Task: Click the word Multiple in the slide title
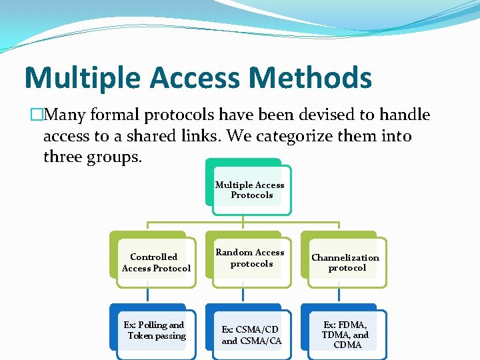point(82,77)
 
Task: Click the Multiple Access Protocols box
point(251,190)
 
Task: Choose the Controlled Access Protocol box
point(156,263)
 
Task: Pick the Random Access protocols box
point(251,259)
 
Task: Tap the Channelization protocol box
point(345,263)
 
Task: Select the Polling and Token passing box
point(156,331)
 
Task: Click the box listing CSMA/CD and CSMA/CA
point(251,335)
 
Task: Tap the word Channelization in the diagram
point(345,257)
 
